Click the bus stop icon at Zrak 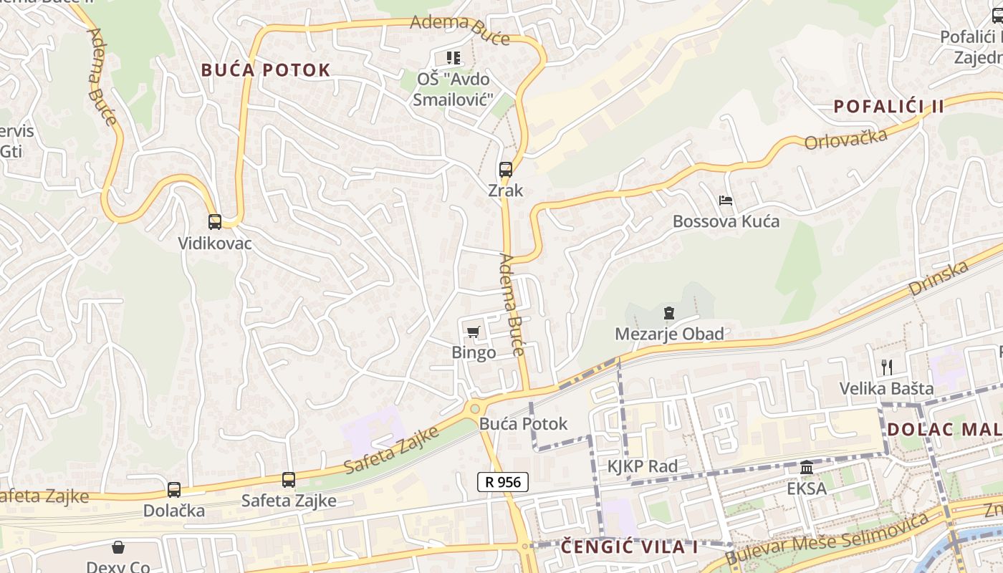click(x=506, y=170)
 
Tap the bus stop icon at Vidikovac click(x=215, y=222)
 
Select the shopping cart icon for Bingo click(x=473, y=332)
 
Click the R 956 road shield click(x=503, y=482)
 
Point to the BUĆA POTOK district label click(x=265, y=70)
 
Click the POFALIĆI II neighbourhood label click(x=888, y=107)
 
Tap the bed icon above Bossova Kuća click(x=726, y=201)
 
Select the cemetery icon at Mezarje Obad click(x=669, y=313)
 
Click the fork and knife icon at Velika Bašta click(x=887, y=367)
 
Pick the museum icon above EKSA click(x=807, y=468)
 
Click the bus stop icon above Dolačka click(x=174, y=490)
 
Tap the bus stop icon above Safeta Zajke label click(x=289, y=480)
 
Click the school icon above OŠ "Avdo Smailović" click(x=453, y=57)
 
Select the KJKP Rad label click(x=643, y=467)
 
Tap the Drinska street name click(x=939, y=279)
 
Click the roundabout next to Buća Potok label click(x=474, y=408)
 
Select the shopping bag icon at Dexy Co click(x=118, y=548)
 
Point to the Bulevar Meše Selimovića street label click(x=831, y=537)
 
